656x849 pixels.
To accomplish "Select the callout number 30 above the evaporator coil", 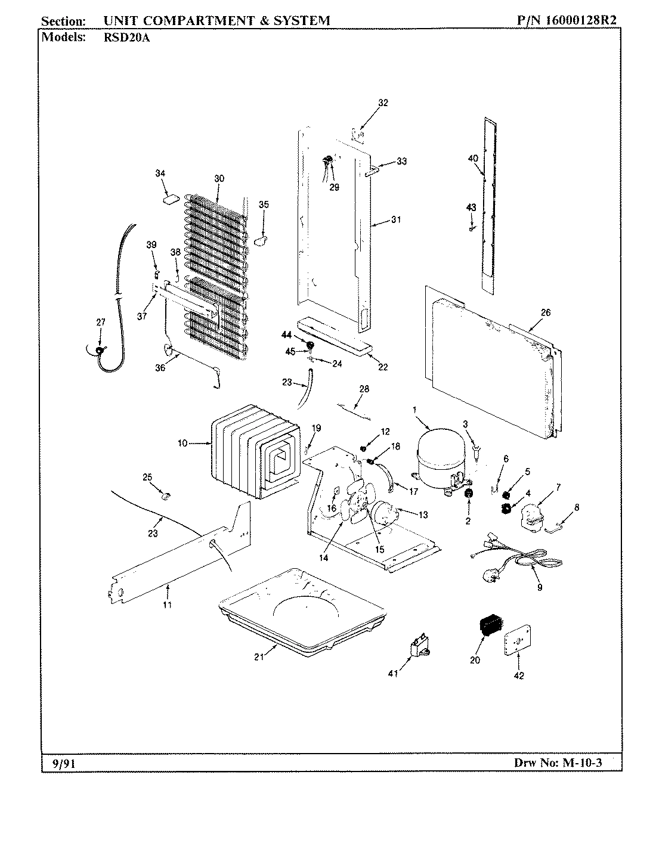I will point(219,179).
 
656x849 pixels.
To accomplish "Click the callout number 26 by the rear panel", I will point(545,312).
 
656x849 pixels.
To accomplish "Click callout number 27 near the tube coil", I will point(100,322).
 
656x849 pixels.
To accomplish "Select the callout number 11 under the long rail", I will point(168,605).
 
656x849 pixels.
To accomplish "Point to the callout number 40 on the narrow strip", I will point(473,159).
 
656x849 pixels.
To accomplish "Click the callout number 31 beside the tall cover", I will point(397,220).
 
